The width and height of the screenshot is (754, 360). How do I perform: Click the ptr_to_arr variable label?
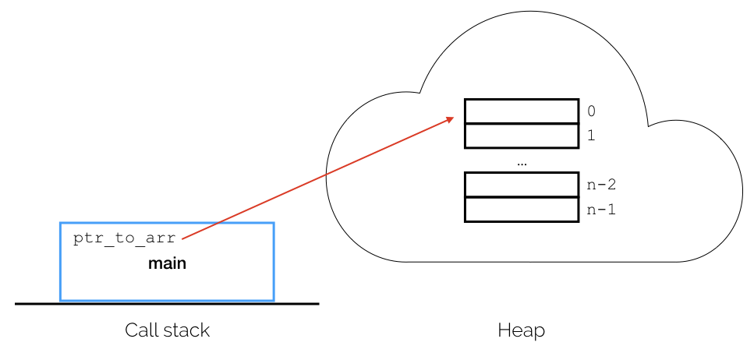[x=125, y=239]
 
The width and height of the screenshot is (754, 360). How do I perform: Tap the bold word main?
[x=167, y=264]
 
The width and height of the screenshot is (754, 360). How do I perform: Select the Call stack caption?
[x=168, y=330]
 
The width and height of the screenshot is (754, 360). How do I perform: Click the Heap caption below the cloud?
[x=522, y=330]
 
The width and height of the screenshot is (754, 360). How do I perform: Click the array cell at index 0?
[x=522, y=111]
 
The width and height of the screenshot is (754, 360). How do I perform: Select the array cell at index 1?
[x=522, y=136]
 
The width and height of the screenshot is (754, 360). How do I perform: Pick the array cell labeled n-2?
[x=522, y=185]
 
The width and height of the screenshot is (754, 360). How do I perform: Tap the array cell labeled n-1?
[x=522, y=210]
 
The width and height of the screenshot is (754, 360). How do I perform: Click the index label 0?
[x=592, y=111]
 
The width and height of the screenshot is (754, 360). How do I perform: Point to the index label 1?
[x=592, y=136]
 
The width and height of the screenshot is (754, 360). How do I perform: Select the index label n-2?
[x=602, y=185]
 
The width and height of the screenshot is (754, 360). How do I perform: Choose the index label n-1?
[x=602, y=210]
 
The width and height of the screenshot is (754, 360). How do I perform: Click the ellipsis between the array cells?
[x=522, y=164]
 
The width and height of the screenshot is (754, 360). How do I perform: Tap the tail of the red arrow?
[x=182, y=238]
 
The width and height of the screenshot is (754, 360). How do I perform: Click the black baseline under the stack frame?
[x=167, y=304]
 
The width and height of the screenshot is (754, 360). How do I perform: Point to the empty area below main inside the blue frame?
[x=167, y=285]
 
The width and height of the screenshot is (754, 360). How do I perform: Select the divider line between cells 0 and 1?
[x=522, y=124]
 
